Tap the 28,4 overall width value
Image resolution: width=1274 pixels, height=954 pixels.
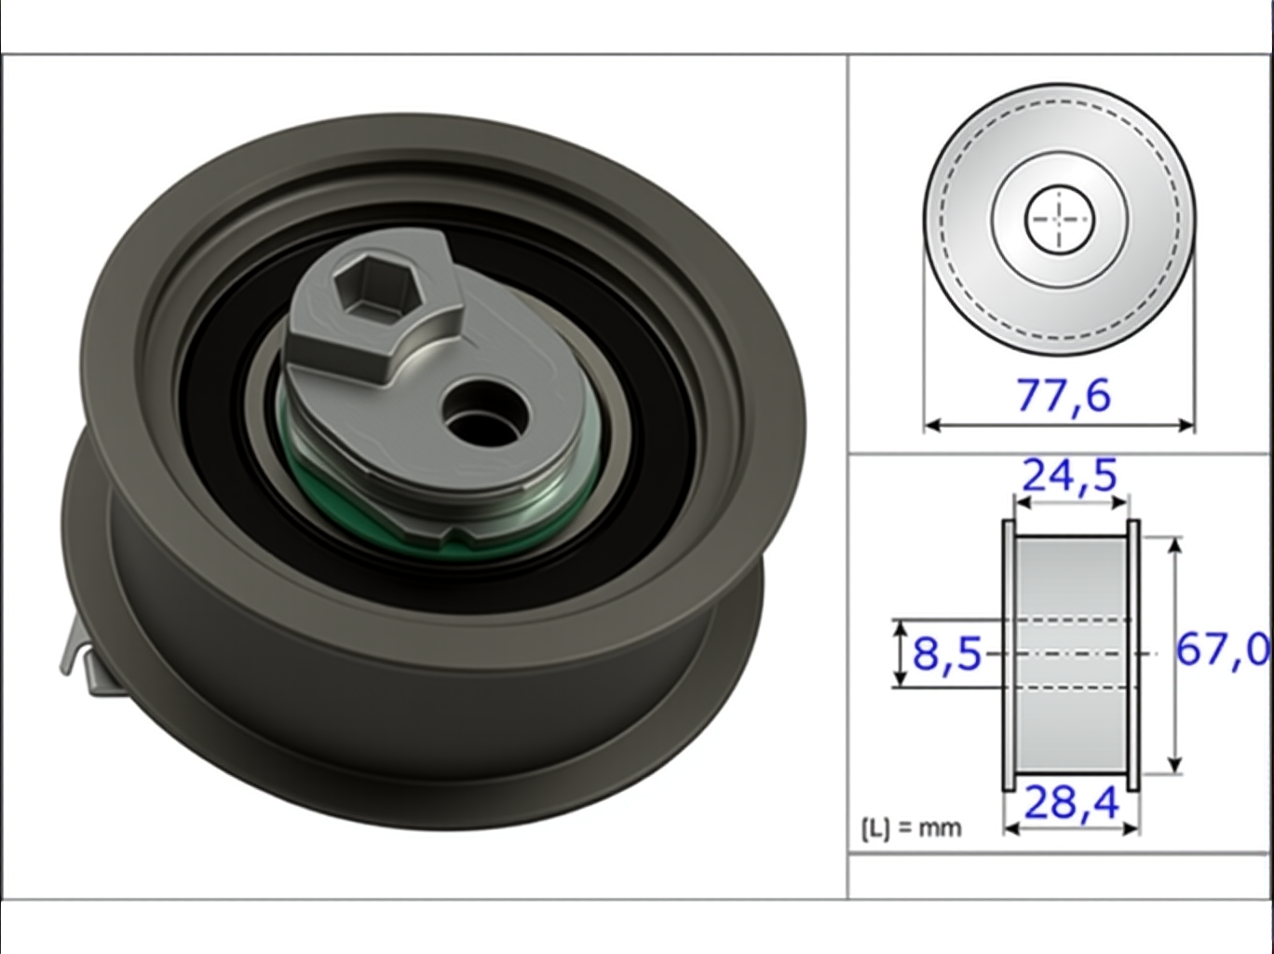(x=1071, y=804)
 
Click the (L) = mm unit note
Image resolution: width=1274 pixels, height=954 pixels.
(x=911, y=828)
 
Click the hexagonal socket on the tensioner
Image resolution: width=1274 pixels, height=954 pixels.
(x=377, y=289)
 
